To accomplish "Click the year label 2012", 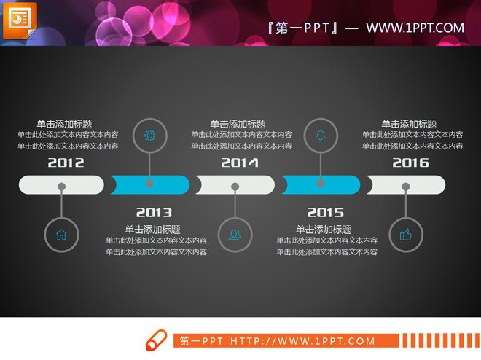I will point(66,163).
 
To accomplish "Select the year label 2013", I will point(154,213).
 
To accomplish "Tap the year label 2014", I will point(240,163).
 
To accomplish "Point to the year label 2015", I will point(325,213).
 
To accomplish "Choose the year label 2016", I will point(411,163).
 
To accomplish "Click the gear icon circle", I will point(149,135).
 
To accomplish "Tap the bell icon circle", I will point(321,135).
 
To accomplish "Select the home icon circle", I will point(61,235).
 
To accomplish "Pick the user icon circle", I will point(235,235).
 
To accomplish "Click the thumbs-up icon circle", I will point(405,235).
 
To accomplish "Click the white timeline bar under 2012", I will point(61,185).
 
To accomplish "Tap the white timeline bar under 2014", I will point(235,185).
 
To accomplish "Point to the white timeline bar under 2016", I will point(407,185).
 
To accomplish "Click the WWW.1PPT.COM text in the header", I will point(415,28).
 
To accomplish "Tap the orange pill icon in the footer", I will point(156,341).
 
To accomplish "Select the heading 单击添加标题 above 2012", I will point(64,124).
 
